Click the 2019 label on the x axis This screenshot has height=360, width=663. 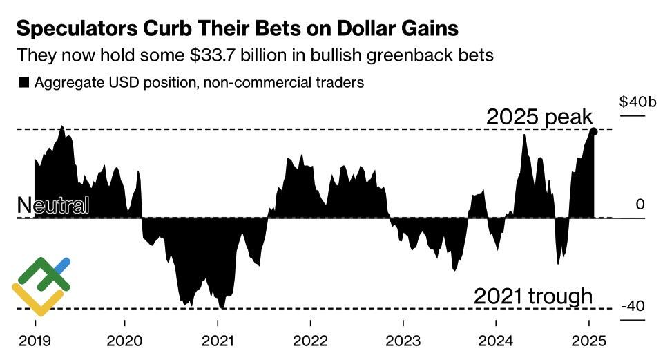(35, 341)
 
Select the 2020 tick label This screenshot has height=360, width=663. (125, 341)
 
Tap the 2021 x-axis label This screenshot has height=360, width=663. (218, 341)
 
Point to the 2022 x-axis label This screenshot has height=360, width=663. (310, 341)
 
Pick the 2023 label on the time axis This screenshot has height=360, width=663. (403, 341)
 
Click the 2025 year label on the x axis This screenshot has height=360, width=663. (588, 341)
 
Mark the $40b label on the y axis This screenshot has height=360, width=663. (637, 102)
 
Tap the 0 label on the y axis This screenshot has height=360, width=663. (640, 205)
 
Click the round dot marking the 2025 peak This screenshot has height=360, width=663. (593, 131)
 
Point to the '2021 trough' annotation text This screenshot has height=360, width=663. (533, 296)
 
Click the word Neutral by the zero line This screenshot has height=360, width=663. (52, 205)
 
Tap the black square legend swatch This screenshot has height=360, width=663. (23, 82)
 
